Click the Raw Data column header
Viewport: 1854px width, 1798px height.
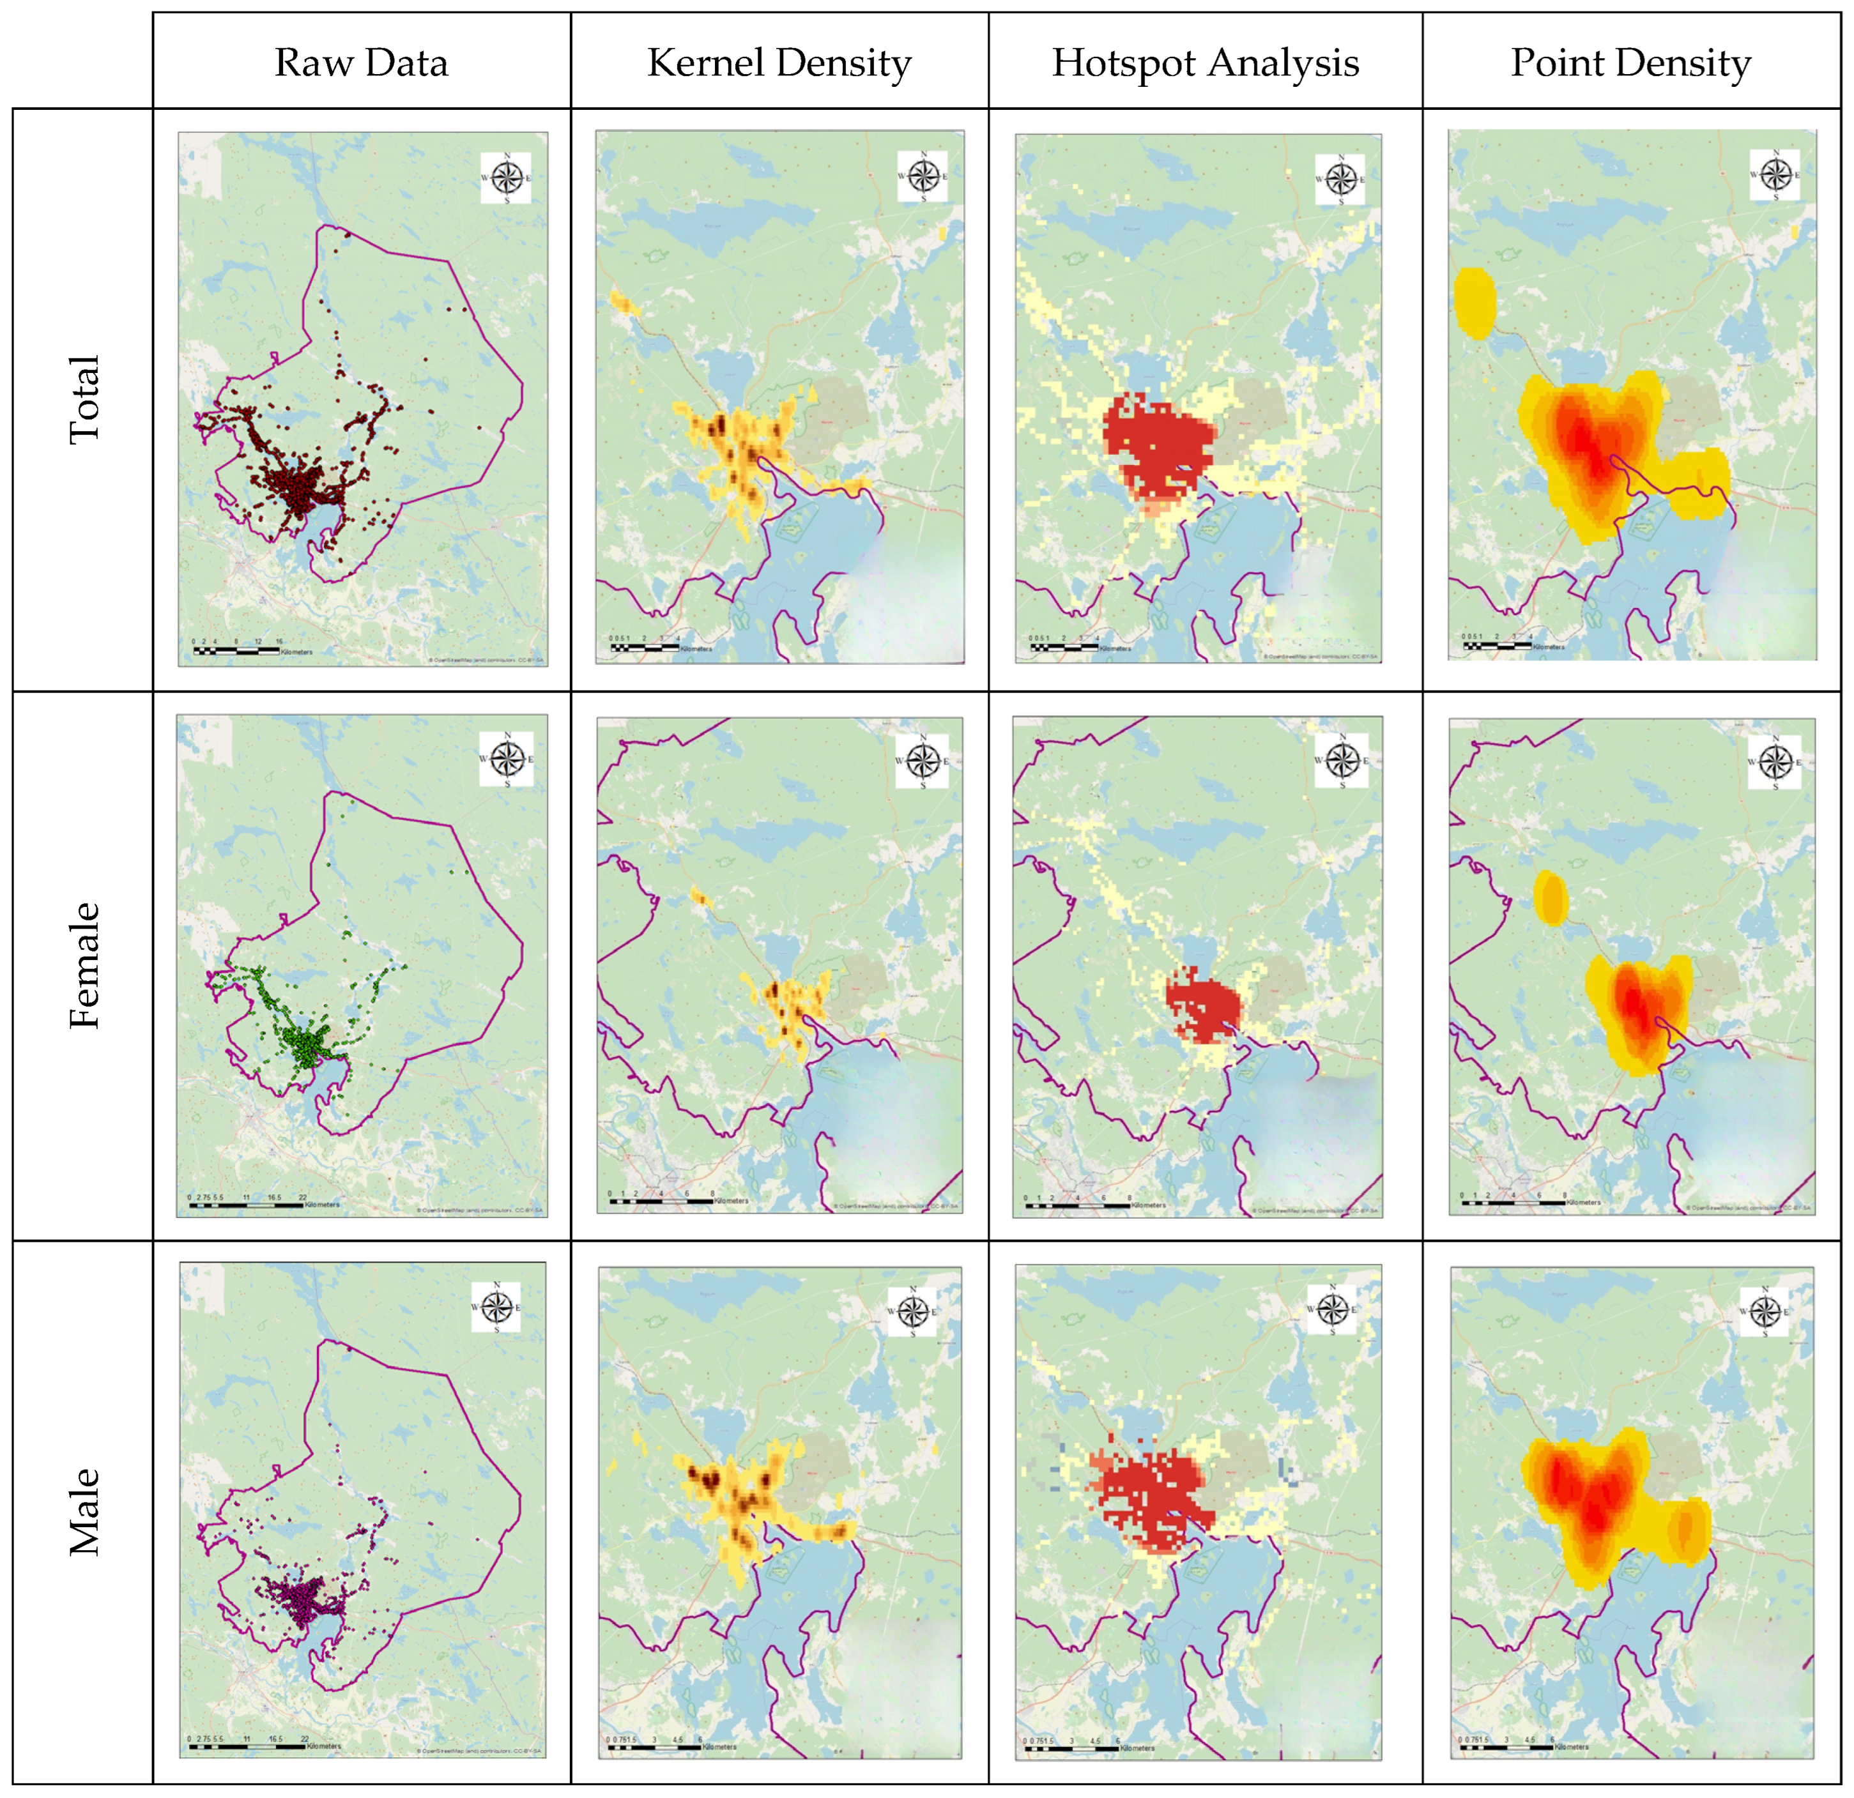click(362, 63)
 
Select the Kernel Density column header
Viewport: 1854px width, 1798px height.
click(779, 63)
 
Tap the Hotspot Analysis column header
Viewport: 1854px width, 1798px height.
click(1205, 63)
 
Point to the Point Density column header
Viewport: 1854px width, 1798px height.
click(1631, 63)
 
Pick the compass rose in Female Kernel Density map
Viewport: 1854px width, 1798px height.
click(923, 759)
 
